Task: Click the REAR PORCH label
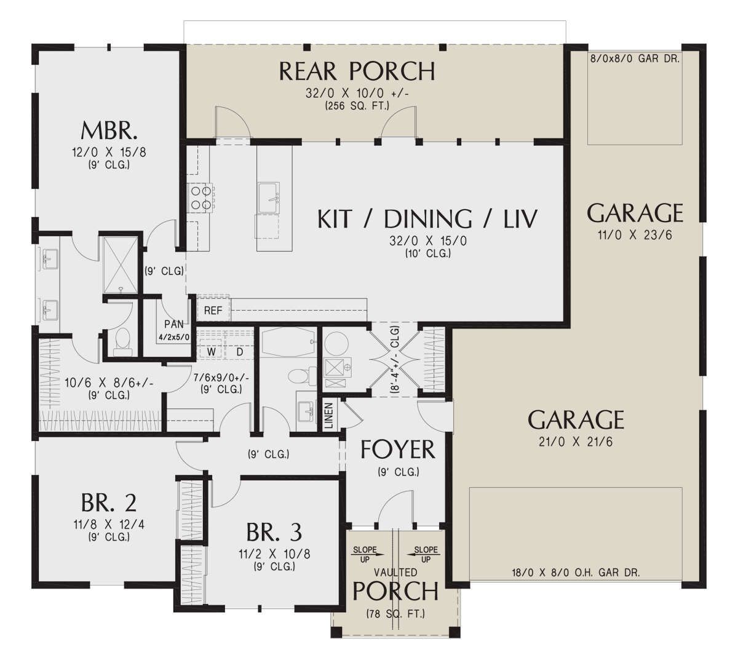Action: point(357,71)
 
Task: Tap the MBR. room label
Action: point(109,131)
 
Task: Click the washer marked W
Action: point(212,352)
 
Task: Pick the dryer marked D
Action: point(239,352)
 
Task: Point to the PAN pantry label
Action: point(174,324)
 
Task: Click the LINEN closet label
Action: point(329,415)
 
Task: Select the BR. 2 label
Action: point(109,503)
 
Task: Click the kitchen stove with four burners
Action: point(200,197)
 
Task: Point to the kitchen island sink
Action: point(269,197)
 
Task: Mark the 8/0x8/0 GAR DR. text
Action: point(635,58)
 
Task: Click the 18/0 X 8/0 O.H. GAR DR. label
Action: point(576,573)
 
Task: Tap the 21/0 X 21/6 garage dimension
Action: point(576,442)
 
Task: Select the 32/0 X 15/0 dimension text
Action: point(427,241)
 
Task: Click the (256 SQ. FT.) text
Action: point(357,106)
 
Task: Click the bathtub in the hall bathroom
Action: point(288,341)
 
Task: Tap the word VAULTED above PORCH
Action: point(395,573)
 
